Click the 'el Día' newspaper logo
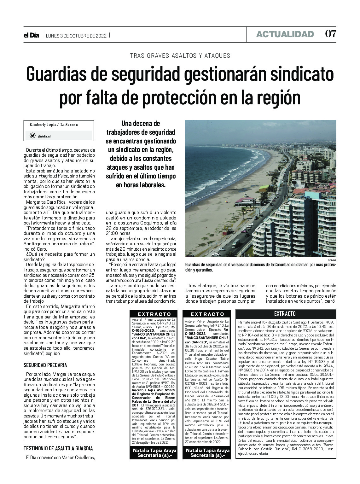click(x=31, y=35)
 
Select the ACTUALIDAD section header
click(x=285, y=34)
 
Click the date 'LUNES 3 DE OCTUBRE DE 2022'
click(x=76, y=36)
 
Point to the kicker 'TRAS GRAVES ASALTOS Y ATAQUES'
click(x=180, y=56)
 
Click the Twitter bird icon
click(x=32, y=136)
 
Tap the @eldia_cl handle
click(x=44, y=137)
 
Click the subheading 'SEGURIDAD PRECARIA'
click(x=45, y=365)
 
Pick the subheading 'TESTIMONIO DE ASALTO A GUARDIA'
click(x=58, y=448)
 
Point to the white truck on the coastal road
click(x=236, y=243)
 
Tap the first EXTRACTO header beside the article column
click(x=154, y=314)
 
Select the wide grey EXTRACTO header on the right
click(x=285, y=314)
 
